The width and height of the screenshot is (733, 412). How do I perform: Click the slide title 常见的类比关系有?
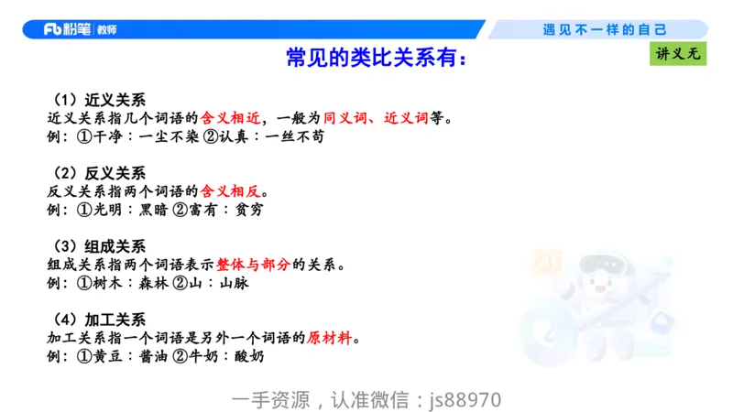[376, 60]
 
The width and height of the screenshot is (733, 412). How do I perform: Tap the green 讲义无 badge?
[678, 54]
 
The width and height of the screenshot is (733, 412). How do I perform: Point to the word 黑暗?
[157, 210]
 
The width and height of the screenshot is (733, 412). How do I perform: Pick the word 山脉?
[235, 283]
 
